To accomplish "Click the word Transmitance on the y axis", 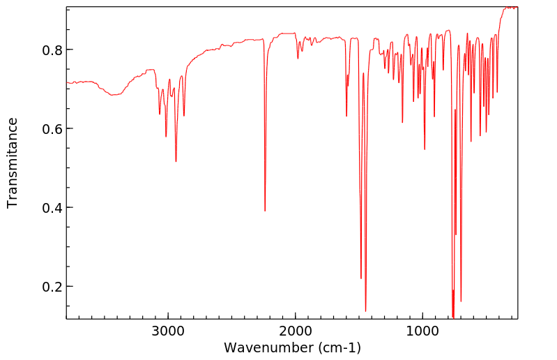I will tap(13, 163).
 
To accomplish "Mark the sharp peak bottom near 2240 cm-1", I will tap(265, 211).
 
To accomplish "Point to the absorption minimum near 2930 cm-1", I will tap(176, 161).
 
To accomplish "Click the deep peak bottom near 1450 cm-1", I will tap(365, 310).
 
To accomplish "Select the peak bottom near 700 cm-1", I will tap(461, 301).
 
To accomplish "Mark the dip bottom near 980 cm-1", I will tap(425, 149).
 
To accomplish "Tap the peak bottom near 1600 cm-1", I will tap(346, 115).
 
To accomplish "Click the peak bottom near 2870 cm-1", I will tap(184, 115).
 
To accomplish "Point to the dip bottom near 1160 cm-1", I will tap(402, 122).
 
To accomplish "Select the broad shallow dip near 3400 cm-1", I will tap(114, 95).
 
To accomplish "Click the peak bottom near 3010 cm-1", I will tap(166, 136).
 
